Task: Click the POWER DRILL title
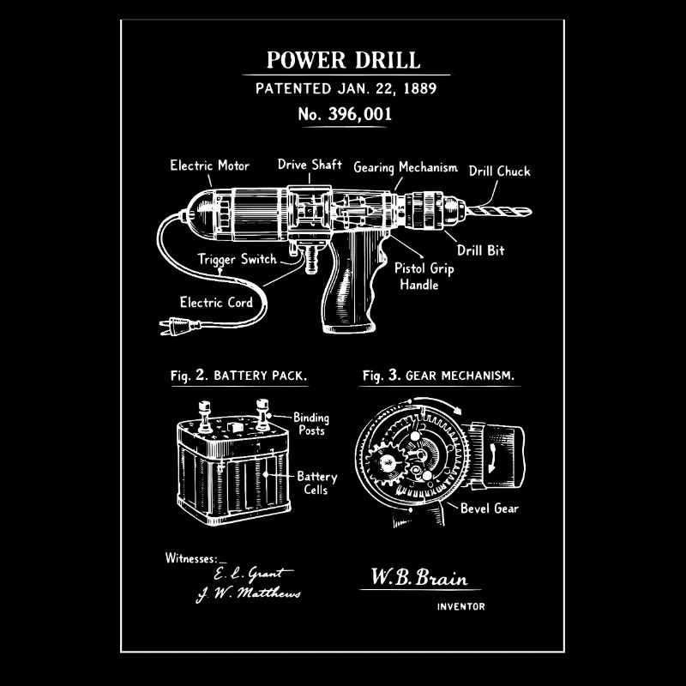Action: (344, 60)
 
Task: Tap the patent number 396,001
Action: (359, 114)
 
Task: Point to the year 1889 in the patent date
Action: (419, 88)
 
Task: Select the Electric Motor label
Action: (209, 165)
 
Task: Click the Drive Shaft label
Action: (310, 165)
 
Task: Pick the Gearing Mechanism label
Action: (406, 167)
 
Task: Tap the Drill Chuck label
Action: (499, 171)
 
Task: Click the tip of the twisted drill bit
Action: (531, 212)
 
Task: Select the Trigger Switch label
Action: (238, 259)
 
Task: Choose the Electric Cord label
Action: (216, 303)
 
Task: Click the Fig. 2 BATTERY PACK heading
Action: (239, 376)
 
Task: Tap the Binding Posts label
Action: (311, 424)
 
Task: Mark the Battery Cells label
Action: (316, 483)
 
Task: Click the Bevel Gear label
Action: (489, 508)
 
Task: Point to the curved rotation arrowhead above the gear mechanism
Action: (458, 410)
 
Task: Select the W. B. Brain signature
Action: (419, 577)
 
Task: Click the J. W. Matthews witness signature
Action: (249, 594)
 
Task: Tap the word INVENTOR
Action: (460, 606)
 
